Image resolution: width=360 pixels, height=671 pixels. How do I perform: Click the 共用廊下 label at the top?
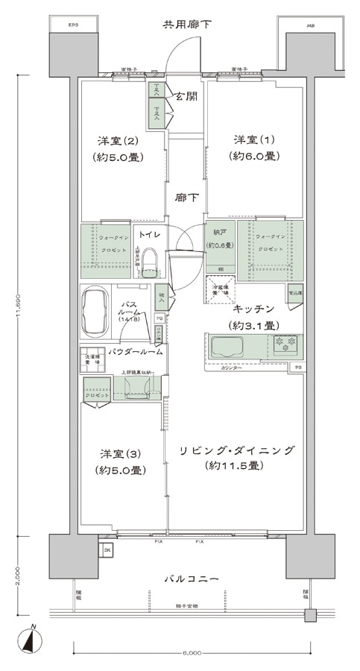(x=187, y=25)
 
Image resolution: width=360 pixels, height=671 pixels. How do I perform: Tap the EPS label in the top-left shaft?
(x=73, y=25)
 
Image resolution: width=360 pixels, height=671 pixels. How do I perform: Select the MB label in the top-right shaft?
(x=309, y=25)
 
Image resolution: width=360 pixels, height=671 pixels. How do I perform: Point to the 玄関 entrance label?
(x=186, y=97)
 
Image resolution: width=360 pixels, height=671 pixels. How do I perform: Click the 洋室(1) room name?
(x=254, y=140)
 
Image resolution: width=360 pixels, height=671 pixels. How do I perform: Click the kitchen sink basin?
(x=230, y=347)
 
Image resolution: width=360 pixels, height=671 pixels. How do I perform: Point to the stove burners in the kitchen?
(x=285, y=345)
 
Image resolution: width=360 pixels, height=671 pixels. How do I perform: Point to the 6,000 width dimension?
(x=191, y=652)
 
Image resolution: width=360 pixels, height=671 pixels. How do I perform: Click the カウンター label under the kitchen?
(x=234, y=368)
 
